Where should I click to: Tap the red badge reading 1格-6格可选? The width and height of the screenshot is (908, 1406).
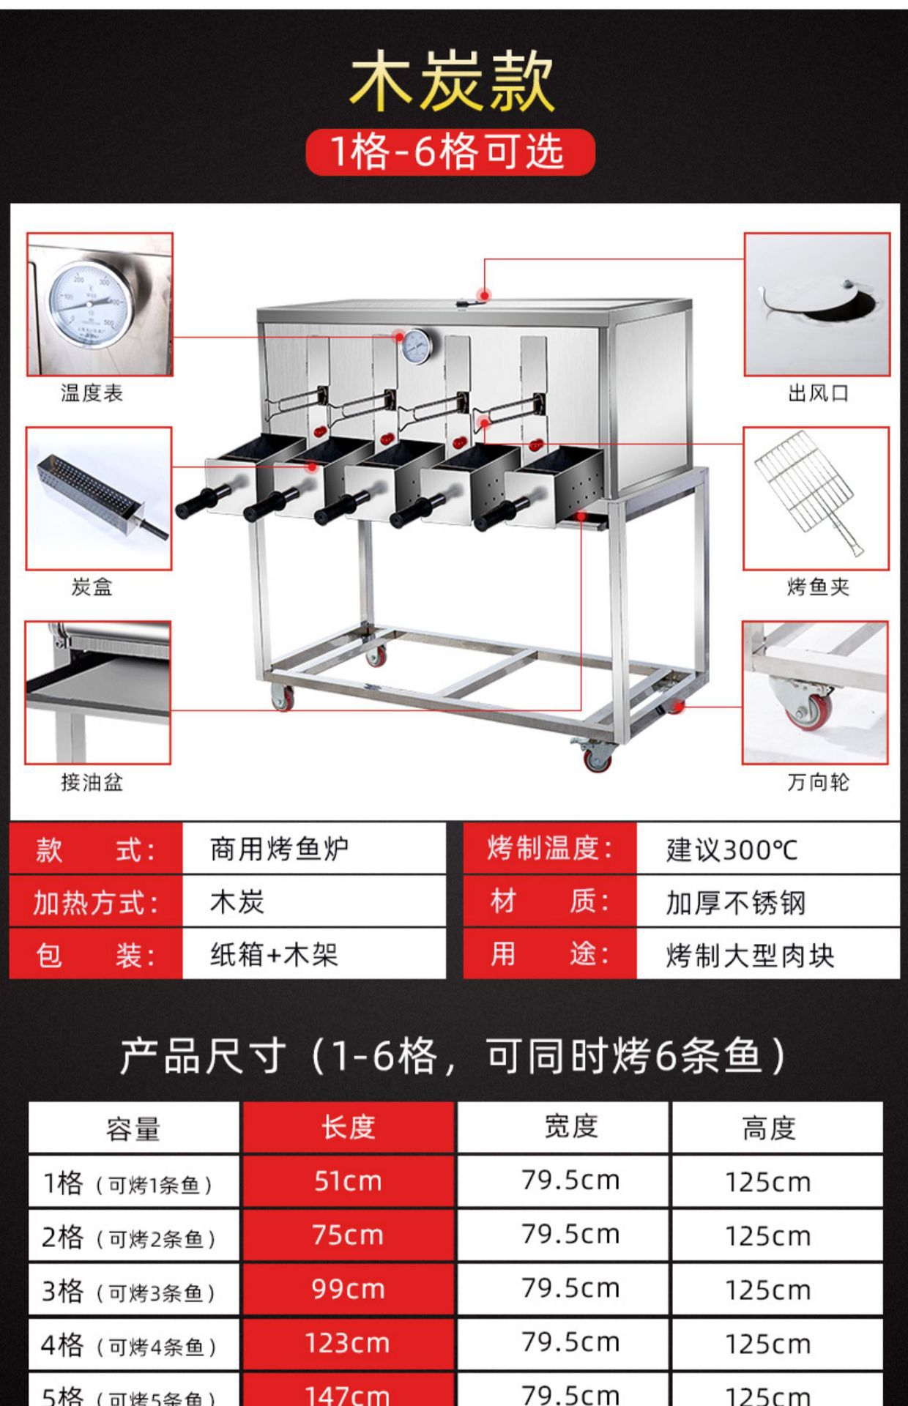[x=450, y=152]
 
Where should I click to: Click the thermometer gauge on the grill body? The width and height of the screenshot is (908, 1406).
[x=417, y=346]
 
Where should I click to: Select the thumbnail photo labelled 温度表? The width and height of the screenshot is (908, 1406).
[x=100, y=305]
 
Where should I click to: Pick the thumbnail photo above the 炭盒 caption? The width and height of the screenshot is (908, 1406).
[x=99, y=499]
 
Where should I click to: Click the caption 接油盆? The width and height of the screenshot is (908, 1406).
[x=92, y=782]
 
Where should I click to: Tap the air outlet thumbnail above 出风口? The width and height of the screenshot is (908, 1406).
[x=817, y=305]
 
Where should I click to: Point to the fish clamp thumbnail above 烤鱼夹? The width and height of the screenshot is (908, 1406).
[x=816, y=499]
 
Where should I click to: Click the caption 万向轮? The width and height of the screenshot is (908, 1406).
[x=818, y=782]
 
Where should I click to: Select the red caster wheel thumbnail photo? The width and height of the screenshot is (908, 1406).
[x=815, y=693]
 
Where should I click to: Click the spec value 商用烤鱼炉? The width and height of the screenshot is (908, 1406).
[x=279, y=849]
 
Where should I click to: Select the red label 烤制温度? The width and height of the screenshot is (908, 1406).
[x=549, y=849]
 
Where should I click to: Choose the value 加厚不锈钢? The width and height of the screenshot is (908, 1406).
[x=735, y=903]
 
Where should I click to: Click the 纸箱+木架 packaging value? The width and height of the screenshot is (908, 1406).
[x=274, y=955]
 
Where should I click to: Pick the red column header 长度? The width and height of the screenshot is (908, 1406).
[x=349, y=1128]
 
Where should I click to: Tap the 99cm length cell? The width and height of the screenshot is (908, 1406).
[x=349, y=1289]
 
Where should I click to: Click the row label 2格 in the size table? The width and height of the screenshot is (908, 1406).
[x=63, y=1237]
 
